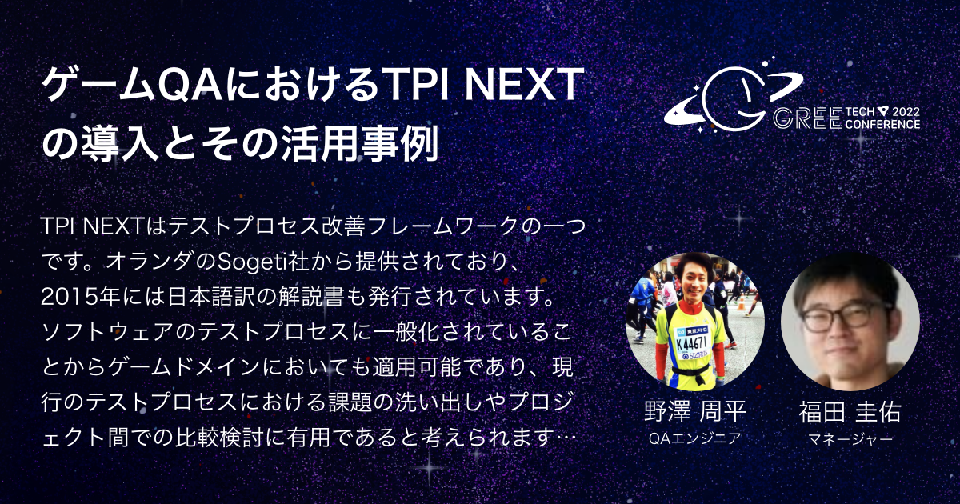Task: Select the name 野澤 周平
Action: click(694, 413)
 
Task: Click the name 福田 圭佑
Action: click(850, 413)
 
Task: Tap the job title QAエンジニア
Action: click(694, 438)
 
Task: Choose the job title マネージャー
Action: click(850, 438)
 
